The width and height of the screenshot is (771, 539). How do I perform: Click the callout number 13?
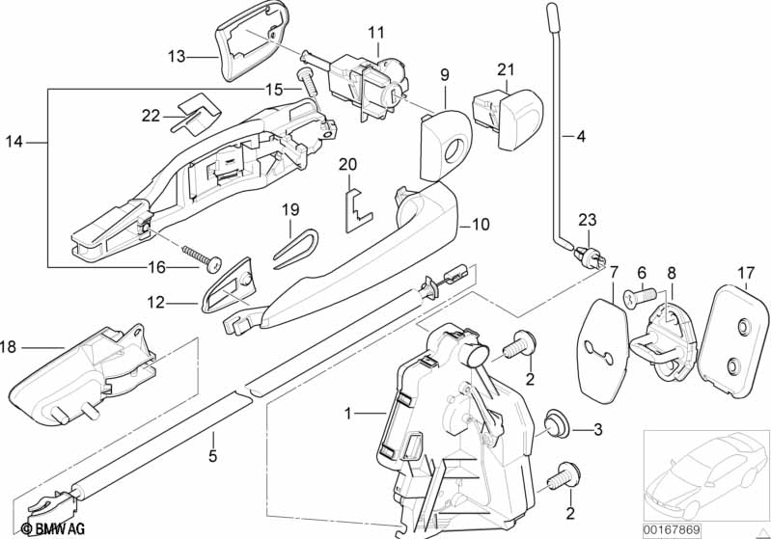click(x=176, y=57)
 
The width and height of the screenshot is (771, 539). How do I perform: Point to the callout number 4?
click(x=580, y=136)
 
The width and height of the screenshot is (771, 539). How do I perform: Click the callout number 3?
click(x=597, y=429)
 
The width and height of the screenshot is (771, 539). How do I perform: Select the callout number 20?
click(x=347, y=165)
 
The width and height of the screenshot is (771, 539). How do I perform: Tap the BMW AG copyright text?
click(x=41, y=528)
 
